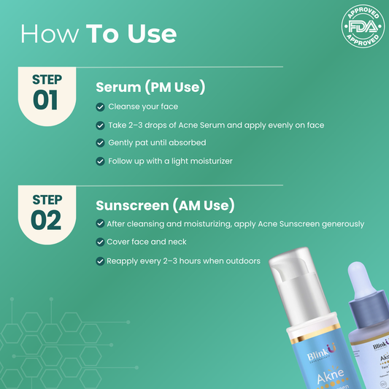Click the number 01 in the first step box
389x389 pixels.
coord(45,99)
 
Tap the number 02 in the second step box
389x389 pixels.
coord(45,220)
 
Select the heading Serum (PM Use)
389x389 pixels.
coord(150,88)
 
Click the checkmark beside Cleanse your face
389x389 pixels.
coord(100,107)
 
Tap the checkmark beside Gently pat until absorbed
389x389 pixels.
coord(100,142)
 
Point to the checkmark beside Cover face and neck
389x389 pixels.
coord(100,242)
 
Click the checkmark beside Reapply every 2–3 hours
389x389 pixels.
coord(100,261)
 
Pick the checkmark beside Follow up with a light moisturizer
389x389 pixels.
coord(100,161)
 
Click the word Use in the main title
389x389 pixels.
coord(152,34)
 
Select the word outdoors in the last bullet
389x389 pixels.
coord(243,261)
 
